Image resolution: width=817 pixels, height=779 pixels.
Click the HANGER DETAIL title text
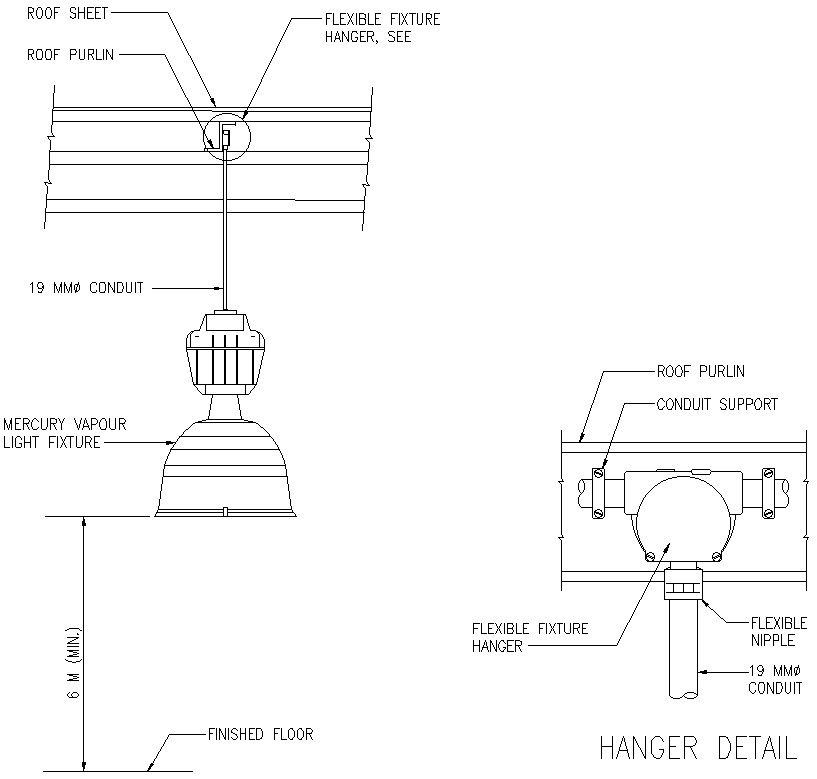point(697,748)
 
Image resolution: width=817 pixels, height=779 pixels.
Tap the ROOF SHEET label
point(67,15)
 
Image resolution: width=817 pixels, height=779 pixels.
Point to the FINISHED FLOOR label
point(260,734)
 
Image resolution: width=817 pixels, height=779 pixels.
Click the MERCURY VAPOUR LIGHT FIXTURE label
point(64,433)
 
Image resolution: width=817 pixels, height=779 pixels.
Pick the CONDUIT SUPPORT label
point(716,404)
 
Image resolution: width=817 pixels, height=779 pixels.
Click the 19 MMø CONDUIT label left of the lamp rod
point(85,288)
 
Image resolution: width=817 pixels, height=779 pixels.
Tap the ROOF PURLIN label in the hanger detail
point(700,371)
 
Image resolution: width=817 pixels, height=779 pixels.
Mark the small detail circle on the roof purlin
point(229,135)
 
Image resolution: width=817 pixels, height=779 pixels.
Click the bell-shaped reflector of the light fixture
point(226,470)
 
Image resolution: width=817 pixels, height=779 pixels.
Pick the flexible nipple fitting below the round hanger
point(684,581)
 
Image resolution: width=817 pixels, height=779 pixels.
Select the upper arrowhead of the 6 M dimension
point(83,523)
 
